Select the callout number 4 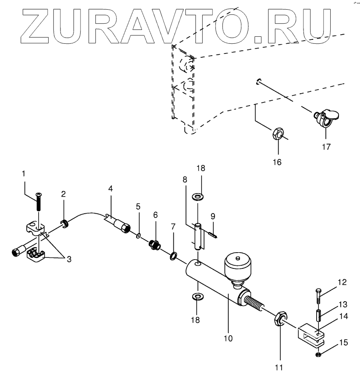click(110, 189)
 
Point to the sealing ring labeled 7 click(173, 255)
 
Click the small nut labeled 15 click(318, 354)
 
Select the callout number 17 click(327, 146)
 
